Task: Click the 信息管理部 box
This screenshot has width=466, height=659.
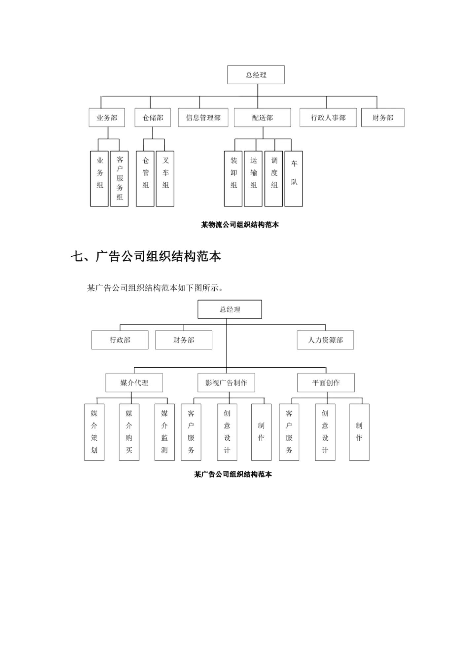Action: click(203, 118)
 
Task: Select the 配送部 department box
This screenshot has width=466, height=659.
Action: click(262, 118)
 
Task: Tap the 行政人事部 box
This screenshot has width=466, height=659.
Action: click(328, 118)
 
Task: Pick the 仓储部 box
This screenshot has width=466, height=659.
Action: click(153, 118)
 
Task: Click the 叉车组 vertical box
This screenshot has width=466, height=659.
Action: click(165, 179)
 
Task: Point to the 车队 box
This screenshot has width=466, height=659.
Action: click(294, 179)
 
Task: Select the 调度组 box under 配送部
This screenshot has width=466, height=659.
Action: click(273, 179)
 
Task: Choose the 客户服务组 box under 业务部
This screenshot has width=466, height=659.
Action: click(119, 179)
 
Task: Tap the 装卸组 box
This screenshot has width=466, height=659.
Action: click(233, 179)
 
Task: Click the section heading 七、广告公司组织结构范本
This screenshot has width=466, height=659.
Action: click(146, 256)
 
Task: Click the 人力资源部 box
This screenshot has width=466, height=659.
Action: click(325, 340)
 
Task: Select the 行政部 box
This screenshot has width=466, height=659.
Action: click(120, 340)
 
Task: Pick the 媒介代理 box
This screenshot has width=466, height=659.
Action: click(134, 383)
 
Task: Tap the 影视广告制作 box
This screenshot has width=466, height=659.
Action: click(226, 383)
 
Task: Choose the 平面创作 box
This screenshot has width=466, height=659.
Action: click(326, 383)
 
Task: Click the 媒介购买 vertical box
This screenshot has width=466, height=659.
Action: click(129, 432)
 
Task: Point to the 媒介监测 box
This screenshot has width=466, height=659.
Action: click(164, 432)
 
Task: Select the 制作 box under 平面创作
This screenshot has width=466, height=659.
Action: click(359, 432)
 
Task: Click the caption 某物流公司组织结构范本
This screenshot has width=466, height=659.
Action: click(240, 225)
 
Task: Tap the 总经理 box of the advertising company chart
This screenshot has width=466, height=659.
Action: click(230, 310)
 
